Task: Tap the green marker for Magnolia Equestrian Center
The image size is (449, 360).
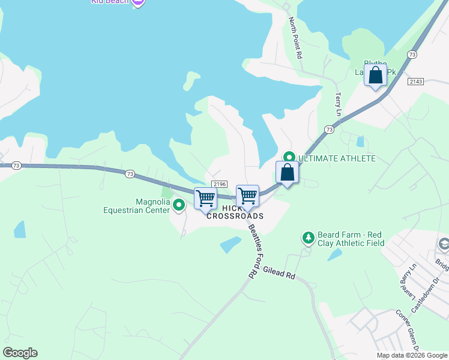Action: (x=178, y=206)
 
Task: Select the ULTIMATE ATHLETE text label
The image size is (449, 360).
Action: (x=337, y=158)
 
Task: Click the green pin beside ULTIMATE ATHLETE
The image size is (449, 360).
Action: (x=289, y=158)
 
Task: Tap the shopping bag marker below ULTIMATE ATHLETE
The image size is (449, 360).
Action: (x=288, y=173)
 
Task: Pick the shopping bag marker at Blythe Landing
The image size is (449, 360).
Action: (x=375, y=76)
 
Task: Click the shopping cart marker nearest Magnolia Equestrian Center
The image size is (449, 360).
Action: (x=205, y=199)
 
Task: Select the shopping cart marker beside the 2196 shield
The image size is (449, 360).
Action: (x=247, y=196)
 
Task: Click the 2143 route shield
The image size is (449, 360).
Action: (x=415, y=81)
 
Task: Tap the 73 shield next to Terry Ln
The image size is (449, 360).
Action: (x=329, y=130)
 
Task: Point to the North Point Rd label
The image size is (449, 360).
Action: (x=295, y=37)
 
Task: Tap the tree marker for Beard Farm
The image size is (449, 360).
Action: (x=309, y=238)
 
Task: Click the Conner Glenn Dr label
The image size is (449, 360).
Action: (x=406, y=329)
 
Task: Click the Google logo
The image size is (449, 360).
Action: (x=20, y=353)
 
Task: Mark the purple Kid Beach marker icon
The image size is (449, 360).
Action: (x=138, y=2)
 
